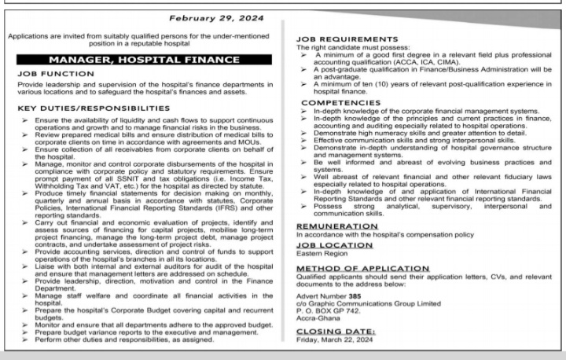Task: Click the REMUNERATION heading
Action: pos(331,226)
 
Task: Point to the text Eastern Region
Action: pos(322,253)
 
